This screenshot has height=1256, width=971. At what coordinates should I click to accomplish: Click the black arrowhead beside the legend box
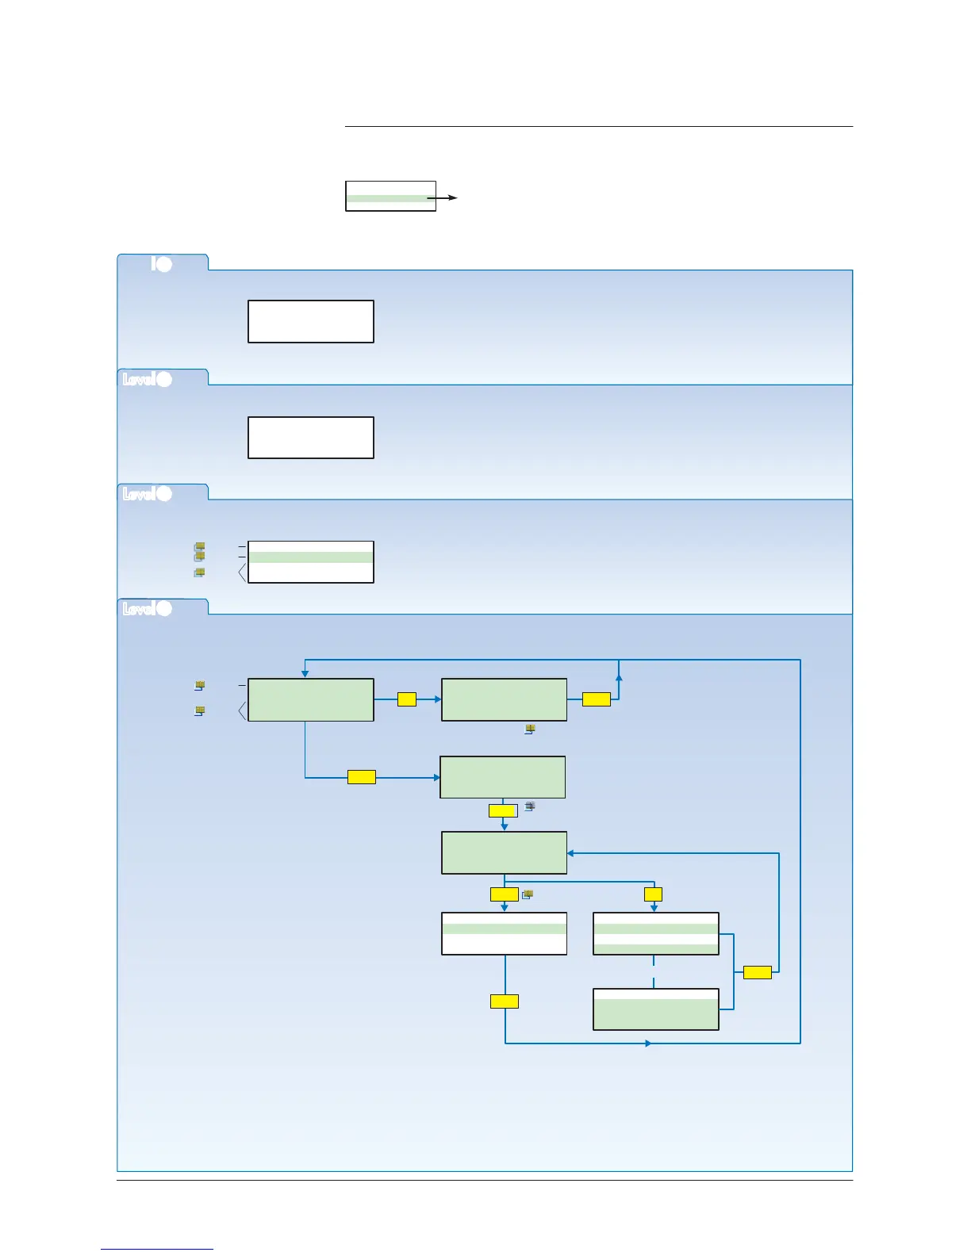pyautogui.click(x=453, y=197)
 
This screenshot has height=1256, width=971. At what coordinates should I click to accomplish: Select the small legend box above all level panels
pyautogui.click(x=390, y=196)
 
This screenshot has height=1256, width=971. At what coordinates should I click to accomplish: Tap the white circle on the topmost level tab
pyautogui.click(x=163, y=264)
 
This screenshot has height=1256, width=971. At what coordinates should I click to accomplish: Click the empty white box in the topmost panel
pyautogui.click(x=311, y=321)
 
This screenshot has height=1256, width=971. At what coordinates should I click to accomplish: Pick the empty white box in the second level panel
pyautogui.click(x=311, y=437)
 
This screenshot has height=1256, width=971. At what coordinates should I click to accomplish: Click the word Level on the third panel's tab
pyautogui.click(x=138, y=494)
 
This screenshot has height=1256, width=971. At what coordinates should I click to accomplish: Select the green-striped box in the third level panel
pyautogui.click(x=311, y=561)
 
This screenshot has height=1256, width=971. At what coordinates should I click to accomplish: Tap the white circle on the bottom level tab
pyautogui.click(x=164, y=608)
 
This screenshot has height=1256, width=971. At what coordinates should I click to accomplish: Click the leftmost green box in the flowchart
pyautogui.click(x=311, y=699)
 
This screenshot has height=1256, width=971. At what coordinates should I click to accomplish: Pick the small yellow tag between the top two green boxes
pyautogui.click(x=407, y=699)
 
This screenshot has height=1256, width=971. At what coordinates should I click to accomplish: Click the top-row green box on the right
pyautogui.click(x=504, y=699)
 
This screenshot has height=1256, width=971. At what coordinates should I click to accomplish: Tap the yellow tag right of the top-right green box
pyautogui.click(x=597, y=699)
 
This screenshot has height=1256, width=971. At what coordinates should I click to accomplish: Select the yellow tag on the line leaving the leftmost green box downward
pyautogui.click(x=362, y=777)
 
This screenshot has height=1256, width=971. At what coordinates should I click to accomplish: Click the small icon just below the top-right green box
pyautogui.click(x=530, y=729)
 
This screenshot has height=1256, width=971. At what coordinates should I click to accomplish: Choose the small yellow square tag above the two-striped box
pyautogui.click(x=653, y=894)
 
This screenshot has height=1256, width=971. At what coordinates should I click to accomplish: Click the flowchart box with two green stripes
pyautogui.click(x=656, y=933)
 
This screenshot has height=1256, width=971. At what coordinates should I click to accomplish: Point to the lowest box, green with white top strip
pyautogui.click(x=656, y=1009)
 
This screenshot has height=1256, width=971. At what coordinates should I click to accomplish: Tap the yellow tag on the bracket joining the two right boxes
pyautogui.click(x=758, y=972)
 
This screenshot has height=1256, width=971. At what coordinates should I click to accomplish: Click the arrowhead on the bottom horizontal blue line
pyautogui.click(x=648, y=1043)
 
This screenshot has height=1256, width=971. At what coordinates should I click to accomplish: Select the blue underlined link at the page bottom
pyautogui.click(x=157, y=1249)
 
